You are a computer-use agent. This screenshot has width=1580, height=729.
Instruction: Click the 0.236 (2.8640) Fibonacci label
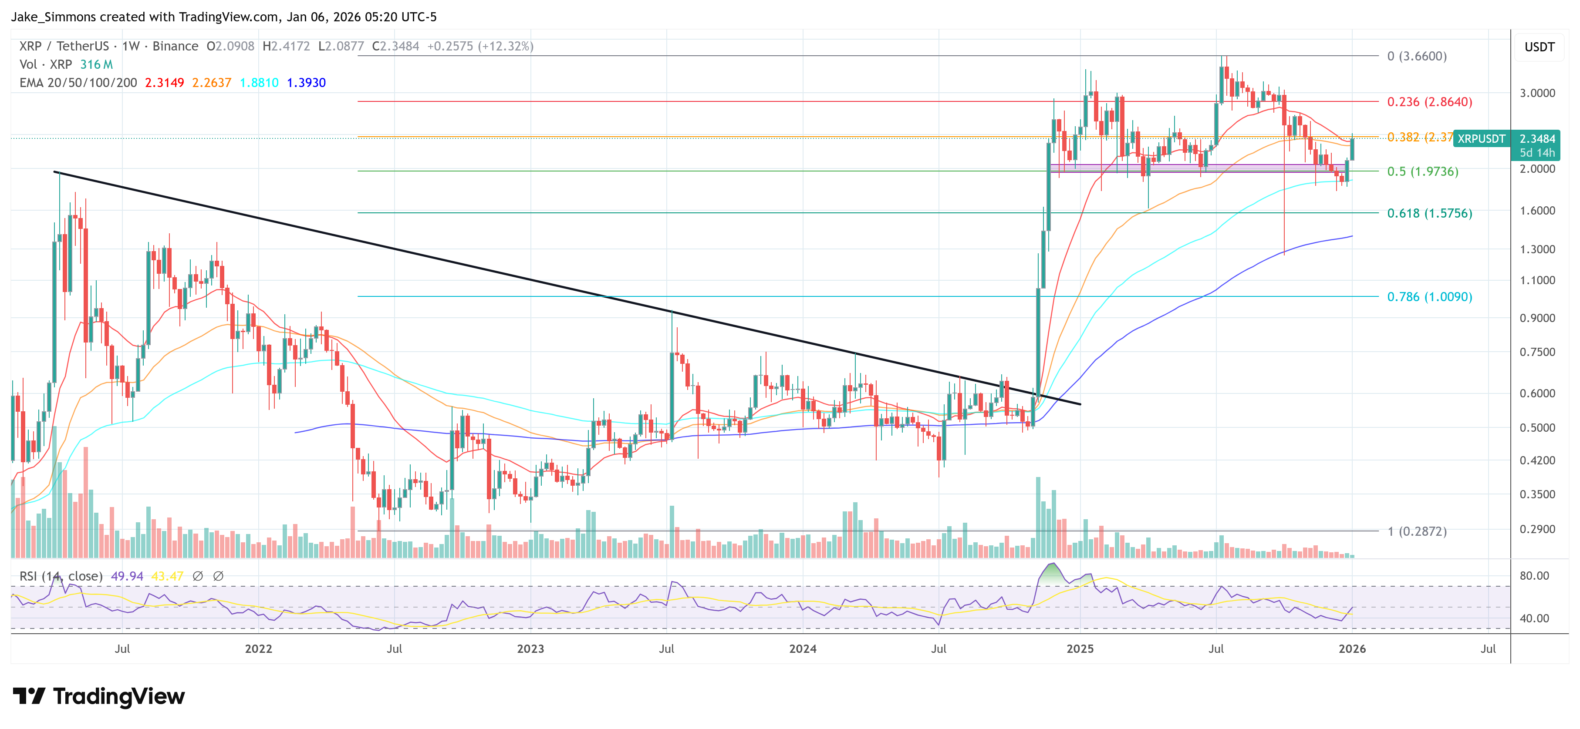click(1429, 102)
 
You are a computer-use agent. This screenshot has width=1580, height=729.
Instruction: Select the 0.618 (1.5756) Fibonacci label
click(1429, 213)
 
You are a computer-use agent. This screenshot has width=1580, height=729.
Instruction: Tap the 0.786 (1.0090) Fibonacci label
click(1429, 297)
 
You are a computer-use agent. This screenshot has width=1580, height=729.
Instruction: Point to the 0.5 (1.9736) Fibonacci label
click(1422, 171)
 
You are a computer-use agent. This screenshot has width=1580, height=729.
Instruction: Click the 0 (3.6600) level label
click(1417, 57)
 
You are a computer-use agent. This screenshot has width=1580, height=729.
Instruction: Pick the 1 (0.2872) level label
click(1417, 531)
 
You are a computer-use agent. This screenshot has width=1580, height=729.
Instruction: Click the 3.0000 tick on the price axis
click(1537, 93)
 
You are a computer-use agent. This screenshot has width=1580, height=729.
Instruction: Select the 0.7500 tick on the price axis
click(1537, 352)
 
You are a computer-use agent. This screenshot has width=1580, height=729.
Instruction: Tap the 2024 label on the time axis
click(802, 648)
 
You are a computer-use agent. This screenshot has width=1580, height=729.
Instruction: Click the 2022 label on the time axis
click(258, 648)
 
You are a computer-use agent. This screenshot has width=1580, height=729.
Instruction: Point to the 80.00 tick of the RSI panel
click(1534, 576)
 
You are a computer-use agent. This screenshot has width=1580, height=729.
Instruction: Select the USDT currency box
click(1539, 47)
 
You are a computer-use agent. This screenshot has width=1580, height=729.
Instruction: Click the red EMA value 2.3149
click(164, 83)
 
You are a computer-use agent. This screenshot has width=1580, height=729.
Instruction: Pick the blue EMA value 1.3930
click(306, 83)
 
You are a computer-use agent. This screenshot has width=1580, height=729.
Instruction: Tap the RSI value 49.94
click(127, 576)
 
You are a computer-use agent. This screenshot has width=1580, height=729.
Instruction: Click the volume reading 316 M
click(96, 64)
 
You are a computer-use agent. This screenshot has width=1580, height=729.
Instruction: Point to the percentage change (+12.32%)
click(506, 46)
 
